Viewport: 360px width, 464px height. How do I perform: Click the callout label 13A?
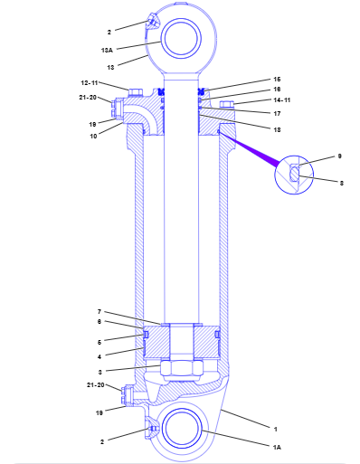pos(107,50)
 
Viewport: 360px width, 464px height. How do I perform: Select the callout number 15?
pos(277,80)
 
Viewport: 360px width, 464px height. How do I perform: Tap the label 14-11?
pos(282,99)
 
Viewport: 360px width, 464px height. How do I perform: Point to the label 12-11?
pos(90,83)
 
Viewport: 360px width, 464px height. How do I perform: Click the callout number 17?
pos(277,114)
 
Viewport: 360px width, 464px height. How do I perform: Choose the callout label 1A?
pos(277,447)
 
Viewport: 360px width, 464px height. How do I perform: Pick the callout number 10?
pos(93,136)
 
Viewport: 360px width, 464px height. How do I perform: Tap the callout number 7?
pos(99,312)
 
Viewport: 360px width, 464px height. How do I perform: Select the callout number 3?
pos(100,372)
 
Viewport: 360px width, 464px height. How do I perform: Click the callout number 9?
pos(339,156)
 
